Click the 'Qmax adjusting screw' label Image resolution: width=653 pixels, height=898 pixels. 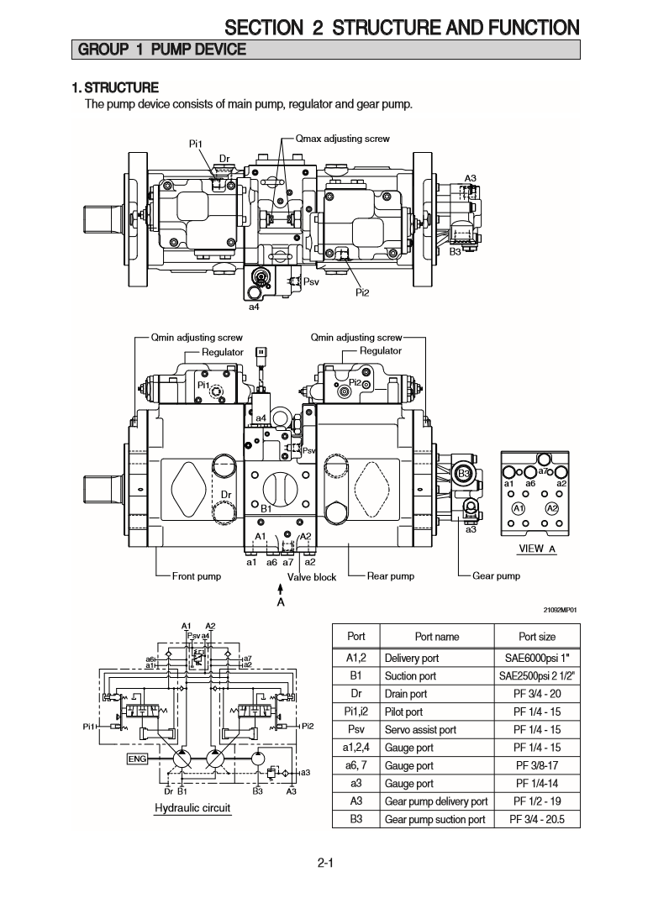pos(342,139)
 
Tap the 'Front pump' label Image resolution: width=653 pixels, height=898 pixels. pos(196,576)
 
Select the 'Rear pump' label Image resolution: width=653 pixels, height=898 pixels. pos(391,576)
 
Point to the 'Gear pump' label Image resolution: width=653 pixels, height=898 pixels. pos(496,576)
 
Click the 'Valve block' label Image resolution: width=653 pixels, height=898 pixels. pos(312,577)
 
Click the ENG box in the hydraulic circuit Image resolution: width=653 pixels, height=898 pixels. pos(137,759)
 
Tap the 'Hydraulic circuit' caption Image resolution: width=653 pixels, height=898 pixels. pos(192,808)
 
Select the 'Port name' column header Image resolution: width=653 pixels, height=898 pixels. pos(437,637)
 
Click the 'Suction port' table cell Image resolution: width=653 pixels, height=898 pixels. pos(410,675)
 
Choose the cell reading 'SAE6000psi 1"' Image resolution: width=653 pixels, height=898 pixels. pos(536,658)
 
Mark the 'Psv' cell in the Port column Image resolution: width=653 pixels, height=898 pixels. pos(356,730)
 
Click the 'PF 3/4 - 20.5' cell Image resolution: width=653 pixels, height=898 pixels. pos(536,820)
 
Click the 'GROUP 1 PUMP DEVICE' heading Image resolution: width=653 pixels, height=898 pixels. pos(161,50)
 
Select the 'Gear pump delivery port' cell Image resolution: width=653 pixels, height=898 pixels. pos(435,801)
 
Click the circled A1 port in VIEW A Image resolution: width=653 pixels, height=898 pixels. pos(519,509)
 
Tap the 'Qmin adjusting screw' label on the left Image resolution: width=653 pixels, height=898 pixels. pos(196,338)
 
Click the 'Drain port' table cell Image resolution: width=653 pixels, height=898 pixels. pos(406,694)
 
